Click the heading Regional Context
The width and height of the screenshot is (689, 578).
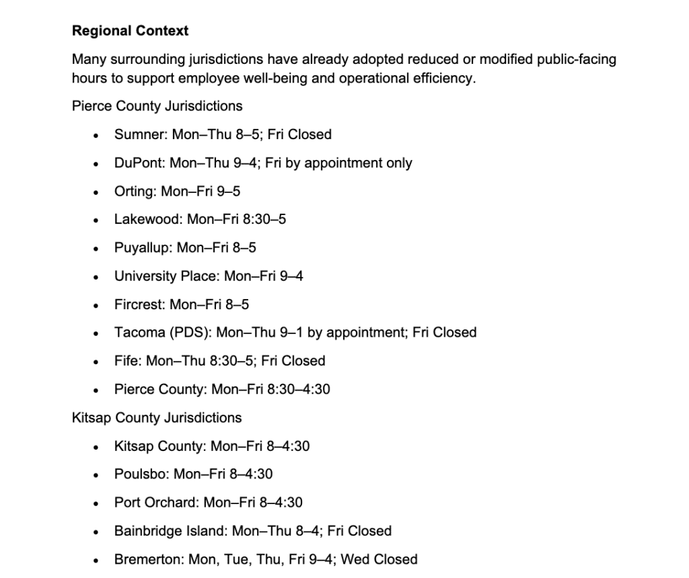(x=130, y=31)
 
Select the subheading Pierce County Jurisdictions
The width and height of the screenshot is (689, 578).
(x=157, y=106)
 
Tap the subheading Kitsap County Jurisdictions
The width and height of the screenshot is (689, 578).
(x=156, y=417)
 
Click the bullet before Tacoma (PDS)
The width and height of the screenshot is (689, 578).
(x=98, y=333)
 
